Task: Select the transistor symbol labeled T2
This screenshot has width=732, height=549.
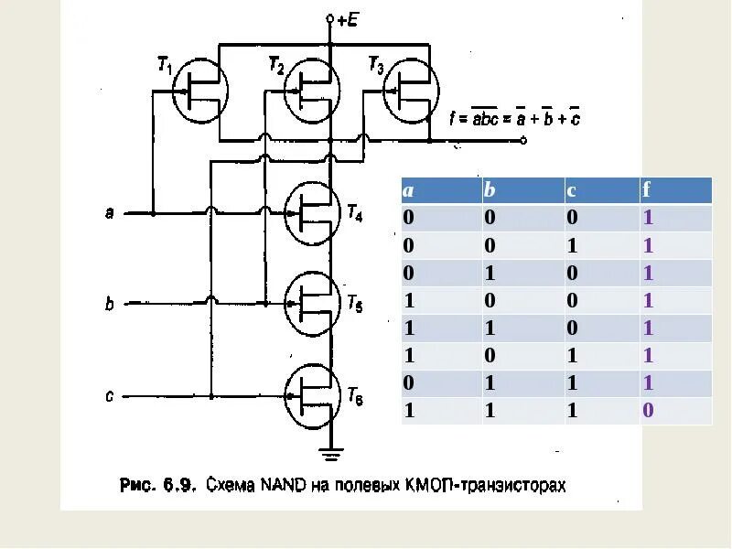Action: click(312, 90)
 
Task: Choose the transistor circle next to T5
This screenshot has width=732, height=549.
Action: click(312, 302)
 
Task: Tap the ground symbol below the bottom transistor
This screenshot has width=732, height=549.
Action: click(330, 452)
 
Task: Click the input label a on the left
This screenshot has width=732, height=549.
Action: click(109, 213)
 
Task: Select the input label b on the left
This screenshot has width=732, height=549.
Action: click(109, 303)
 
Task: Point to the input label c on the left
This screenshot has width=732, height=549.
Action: click(109, 397)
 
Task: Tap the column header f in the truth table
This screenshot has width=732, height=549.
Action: click(646, 190)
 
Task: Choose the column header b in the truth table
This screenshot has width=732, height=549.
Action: click(490, 190)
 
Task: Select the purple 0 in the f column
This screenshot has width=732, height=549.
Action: click(648, 410)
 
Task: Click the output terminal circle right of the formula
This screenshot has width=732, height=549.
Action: click(523, 141)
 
